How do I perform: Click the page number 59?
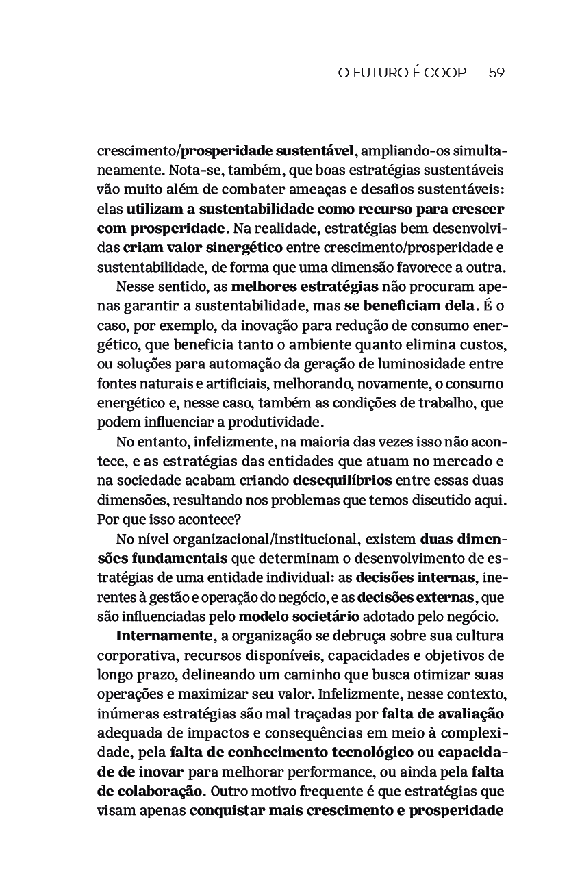click(x=496, y=73)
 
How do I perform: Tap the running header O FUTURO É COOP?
click(x=402, y=73)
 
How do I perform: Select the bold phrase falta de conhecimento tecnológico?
click(x=292, y=753)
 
